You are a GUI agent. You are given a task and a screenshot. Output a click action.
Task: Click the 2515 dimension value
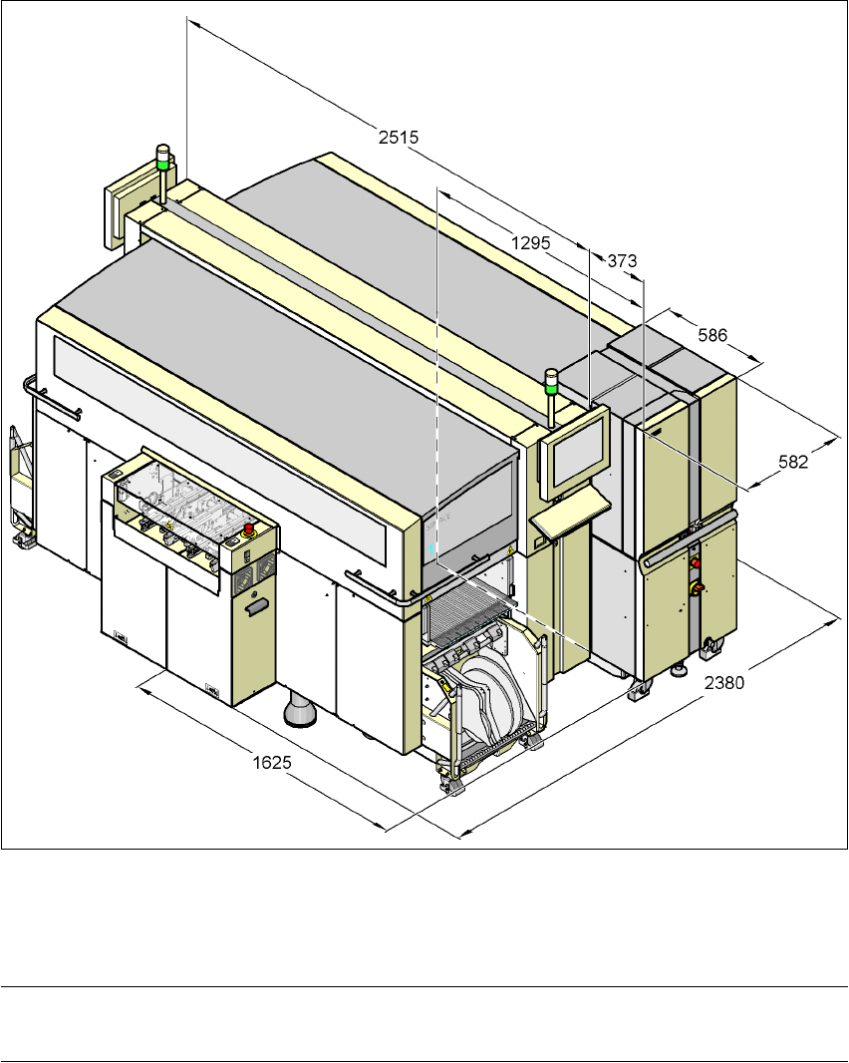point(399,137)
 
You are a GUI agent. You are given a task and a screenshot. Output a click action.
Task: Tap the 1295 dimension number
point(530,242)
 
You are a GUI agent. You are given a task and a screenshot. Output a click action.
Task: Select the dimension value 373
point(622,260)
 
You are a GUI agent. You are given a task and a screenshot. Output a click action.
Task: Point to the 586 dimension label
point(712,335)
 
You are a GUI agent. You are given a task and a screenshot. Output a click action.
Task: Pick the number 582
point(793,462)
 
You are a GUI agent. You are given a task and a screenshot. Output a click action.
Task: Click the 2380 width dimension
point(724,683)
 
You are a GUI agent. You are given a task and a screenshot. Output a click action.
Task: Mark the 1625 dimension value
point(272,763)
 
